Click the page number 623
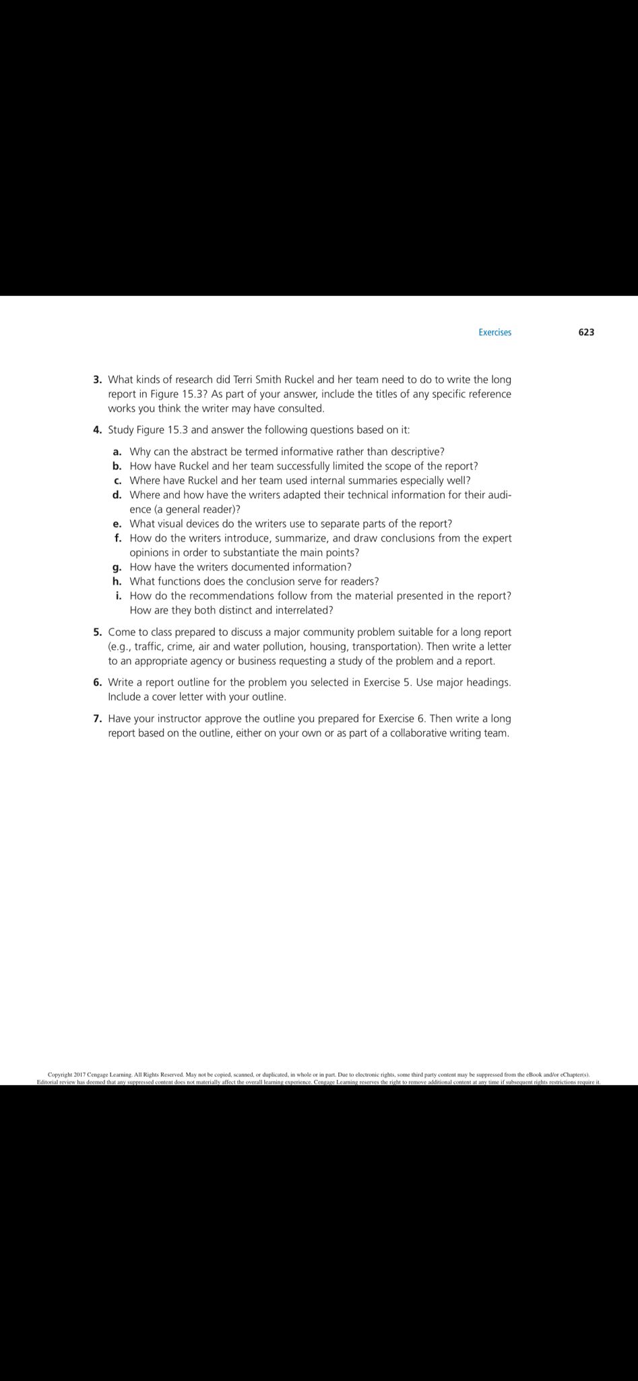pos(585,332)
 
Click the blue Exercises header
pos(495,332)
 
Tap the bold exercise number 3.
pos(98,380)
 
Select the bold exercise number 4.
pos(98,430)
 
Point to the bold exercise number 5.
pos(98,633)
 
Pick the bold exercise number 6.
pos(98,682)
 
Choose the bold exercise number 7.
pos(98,719)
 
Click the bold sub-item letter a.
pos(117,452)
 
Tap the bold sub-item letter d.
pos(117,495)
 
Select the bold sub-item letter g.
pos(117,568)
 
